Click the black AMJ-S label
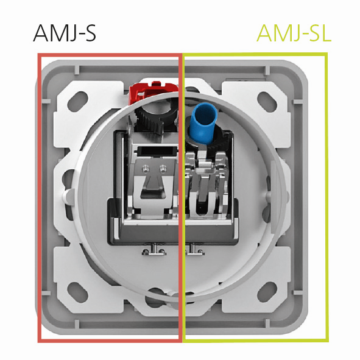point(65,33)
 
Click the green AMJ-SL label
point(294,33)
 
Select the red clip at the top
point(154,91)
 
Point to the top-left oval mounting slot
point(77,100)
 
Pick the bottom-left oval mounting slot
point(77,291)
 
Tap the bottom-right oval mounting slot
point(267,291)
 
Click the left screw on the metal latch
point(145,169)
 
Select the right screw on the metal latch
point(163,169)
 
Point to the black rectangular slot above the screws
point(157,150)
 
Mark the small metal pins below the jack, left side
point(154,251)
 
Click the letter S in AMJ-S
point(91,34)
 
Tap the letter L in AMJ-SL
point(326,33)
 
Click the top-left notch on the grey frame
point(77,70)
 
